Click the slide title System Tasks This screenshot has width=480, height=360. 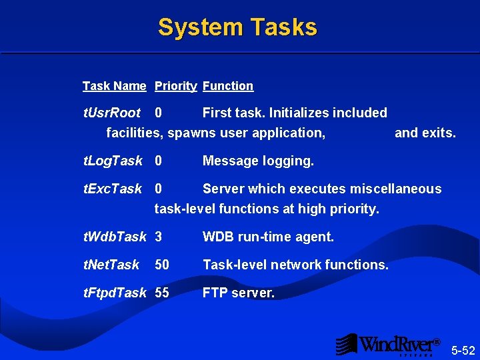click(x=237, y=27)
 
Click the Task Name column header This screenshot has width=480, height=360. click(x=114, y=86)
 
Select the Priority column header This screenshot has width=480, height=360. click(x=175, y=86)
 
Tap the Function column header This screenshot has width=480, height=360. click(x=228, y=86)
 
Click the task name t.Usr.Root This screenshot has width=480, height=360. click(x=111, y=113)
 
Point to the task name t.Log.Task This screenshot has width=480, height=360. click(x=112, y=161)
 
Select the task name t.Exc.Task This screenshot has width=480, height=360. click(x=112, y=189)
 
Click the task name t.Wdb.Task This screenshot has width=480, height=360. click(x=114, y=237)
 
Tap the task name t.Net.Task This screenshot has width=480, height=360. click(x=111, y=265)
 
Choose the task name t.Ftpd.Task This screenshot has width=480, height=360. click(x=114, y=293)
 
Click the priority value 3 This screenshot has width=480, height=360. click(x=159, y=237)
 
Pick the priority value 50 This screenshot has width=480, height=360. click(x=162, y=265)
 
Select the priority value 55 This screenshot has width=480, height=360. click(x=162, y=293)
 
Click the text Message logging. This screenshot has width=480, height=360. click(x=258, y=161)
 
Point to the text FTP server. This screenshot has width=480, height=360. click(x=238, y=293)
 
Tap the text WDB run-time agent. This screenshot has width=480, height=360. click(x=268, y=237)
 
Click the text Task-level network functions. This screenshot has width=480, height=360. click(x=295, y=265)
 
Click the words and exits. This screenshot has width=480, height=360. click(x=425, y=133)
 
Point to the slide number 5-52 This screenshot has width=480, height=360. click(x=463, y=350)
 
